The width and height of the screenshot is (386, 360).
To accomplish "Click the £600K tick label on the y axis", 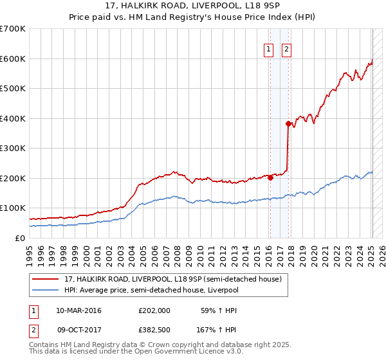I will (x=13, y=59).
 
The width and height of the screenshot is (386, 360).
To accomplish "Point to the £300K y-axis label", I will (x=13, y=148).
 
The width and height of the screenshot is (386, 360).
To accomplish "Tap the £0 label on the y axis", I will (x=20, y=238).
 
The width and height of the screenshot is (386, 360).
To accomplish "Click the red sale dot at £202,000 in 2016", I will (x=270, y=178).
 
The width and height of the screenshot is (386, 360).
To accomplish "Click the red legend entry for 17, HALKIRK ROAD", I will (x=172, y=280).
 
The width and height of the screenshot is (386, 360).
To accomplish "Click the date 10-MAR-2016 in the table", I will (x=78, y=310).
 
